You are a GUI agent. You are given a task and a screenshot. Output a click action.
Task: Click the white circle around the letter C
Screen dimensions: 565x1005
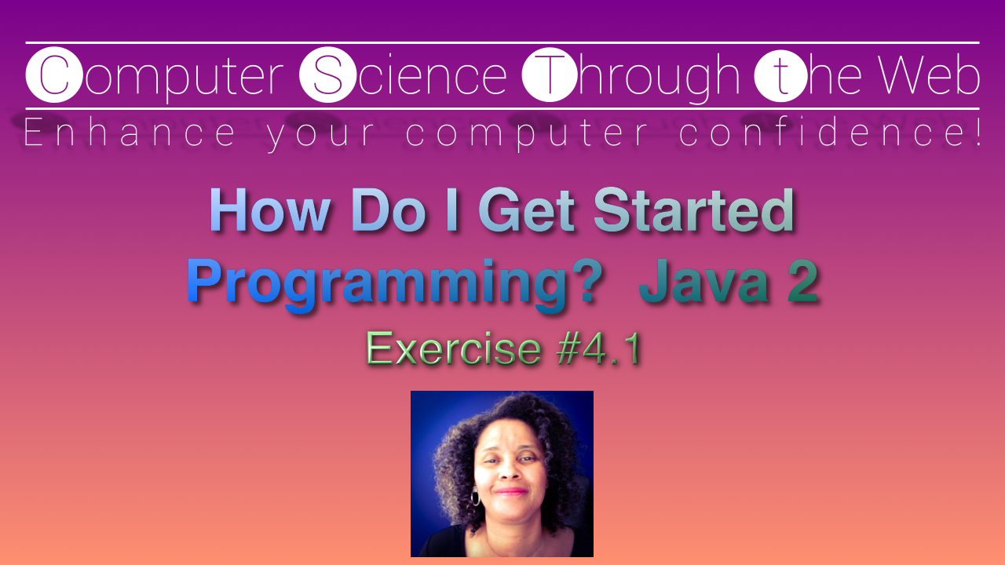pos(53,75)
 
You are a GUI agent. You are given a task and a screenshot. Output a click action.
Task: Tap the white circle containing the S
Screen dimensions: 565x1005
pos(328,75)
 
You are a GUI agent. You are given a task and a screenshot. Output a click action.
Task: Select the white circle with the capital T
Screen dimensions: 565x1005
pos(550,75)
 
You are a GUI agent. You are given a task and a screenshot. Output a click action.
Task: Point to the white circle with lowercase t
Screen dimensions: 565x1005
pos(780,75)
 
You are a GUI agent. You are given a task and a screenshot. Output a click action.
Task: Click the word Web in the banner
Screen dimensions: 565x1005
pos(929,75)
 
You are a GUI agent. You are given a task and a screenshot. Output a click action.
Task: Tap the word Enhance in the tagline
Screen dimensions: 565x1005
pos(130,133)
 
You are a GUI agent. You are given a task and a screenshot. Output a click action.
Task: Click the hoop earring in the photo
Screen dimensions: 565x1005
pos(475,497)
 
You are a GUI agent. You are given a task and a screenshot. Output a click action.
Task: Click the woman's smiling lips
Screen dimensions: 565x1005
pos(511,491)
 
